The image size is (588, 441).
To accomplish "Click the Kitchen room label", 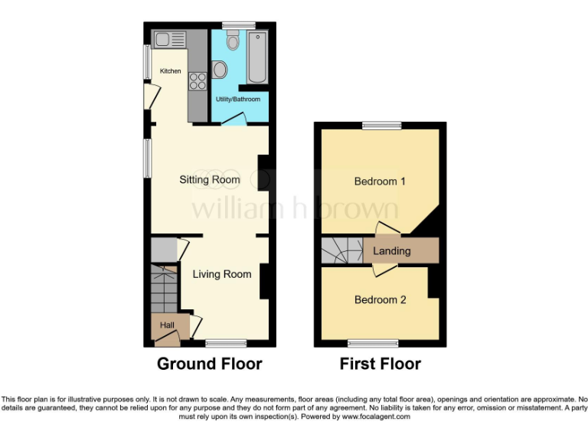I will click(x=170, y=71).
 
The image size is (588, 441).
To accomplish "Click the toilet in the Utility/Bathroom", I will click(x=234, y=41).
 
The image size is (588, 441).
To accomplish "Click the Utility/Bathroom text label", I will click(x=237, y=100).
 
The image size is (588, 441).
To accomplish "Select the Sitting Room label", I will click(x=210, y=180).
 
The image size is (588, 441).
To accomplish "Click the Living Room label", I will click(x=221, y=274).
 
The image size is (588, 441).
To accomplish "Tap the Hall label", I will click(x=167, y=325).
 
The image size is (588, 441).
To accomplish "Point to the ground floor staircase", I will click(x=164, y=289).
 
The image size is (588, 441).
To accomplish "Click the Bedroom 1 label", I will click(x=380, y=181).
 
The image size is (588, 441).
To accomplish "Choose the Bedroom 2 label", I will click(x=380, y=299).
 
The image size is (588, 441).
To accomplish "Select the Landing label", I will click(x=391, y=250).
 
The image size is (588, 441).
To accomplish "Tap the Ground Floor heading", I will click(x=209, y=364).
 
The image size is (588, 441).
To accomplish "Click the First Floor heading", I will click(x=381, y=364).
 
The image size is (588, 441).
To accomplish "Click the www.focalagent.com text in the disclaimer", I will click(x=376, y=417).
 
